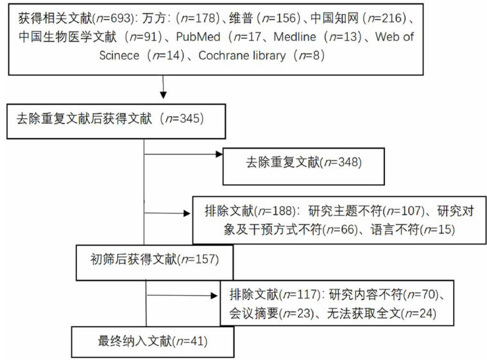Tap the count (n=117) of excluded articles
tap(300, 296)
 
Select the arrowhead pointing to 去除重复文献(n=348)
tap(216, 153)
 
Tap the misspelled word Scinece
tap(119, 55)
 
